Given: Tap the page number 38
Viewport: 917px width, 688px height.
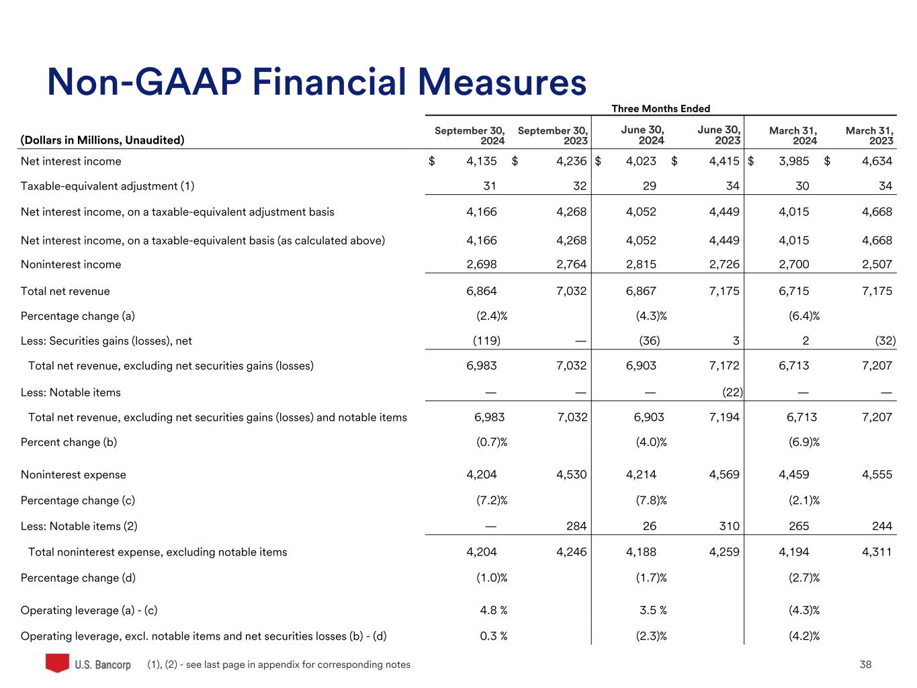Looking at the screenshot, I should click(865, 664).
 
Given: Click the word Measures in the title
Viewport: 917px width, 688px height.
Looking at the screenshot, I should click(502, 83).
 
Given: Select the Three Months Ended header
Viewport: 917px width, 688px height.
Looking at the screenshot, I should click(660, 108).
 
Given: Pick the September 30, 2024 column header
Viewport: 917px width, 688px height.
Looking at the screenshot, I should click(470, 135).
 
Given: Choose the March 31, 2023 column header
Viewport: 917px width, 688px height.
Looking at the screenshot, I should click(869, 135).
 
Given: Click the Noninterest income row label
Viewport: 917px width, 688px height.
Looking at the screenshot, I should click(71, 264).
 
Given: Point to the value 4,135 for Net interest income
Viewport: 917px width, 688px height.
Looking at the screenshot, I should click(482, 161).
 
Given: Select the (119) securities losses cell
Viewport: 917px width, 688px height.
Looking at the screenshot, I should click(486, 341).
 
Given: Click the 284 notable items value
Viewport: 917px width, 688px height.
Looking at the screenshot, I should click(576, 526).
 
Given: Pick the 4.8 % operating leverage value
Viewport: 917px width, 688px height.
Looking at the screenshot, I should click(493, 610).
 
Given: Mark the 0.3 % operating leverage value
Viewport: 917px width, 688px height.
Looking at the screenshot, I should click(493, 636).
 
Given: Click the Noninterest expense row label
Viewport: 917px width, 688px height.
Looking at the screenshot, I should click(73, 474).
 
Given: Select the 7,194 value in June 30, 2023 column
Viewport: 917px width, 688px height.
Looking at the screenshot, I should click(724, 417).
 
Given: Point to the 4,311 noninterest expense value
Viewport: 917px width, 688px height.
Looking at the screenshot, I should click(877, 552).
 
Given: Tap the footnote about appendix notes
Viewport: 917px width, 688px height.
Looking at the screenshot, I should click(279, 664).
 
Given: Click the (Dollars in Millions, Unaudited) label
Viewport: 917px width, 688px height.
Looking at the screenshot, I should click(102, 140).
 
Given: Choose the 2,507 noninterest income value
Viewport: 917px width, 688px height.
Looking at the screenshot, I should click(877, 264).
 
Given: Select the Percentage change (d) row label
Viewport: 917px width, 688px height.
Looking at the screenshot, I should click(78, 578).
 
